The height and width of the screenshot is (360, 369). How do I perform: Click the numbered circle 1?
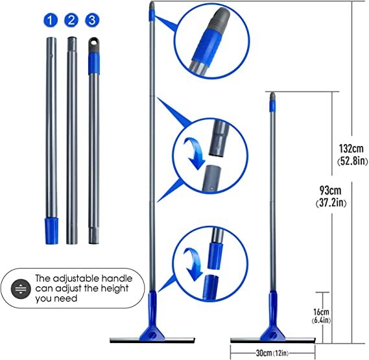coord(51,20)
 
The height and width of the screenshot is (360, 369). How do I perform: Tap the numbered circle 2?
coord(71,20)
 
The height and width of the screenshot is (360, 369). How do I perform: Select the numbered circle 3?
coord(92,20)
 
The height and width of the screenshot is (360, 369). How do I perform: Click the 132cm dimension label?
coord(351,149)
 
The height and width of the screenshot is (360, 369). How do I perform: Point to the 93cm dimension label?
coord(330,190)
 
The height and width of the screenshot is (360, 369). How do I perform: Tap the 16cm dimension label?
coord(321,312)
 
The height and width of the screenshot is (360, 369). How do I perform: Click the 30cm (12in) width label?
coord(272,353)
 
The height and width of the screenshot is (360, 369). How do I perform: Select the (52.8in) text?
coord(352,162)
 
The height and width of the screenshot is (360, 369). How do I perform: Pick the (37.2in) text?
coord(331,203)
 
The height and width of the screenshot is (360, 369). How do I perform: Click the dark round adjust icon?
coord(21,289)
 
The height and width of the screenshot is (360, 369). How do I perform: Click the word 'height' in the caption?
coord(114,289)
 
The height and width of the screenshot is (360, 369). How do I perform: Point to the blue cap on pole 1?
coord(51,231)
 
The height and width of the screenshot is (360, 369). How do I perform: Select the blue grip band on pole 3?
coord(94,64)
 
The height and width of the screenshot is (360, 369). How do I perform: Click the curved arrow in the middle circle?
coord(195,153)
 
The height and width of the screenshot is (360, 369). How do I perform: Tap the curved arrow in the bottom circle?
coord(193,264)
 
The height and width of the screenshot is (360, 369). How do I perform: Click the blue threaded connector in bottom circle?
coord(210,287)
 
